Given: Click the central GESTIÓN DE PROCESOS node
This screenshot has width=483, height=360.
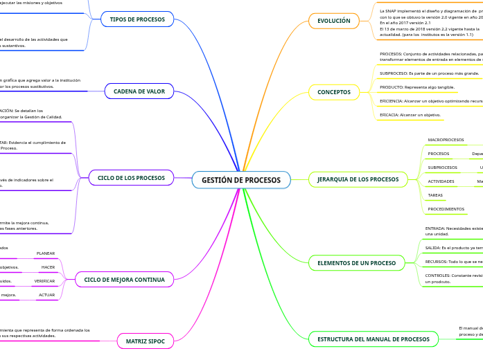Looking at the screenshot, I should coord(241,180).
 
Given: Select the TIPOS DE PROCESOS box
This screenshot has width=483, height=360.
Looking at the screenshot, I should coord(137,19).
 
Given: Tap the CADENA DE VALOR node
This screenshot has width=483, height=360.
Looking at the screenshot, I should coord(139,91).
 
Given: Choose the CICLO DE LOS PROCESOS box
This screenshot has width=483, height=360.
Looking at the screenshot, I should coord(131,178).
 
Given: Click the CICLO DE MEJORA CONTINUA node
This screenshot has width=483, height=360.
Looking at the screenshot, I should coord(124,280).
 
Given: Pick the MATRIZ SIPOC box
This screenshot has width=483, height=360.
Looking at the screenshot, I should coord(145,341).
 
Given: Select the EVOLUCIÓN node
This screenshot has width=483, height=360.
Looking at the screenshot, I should coord(333,21).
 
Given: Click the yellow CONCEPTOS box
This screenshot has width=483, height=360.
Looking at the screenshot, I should coord(333,92).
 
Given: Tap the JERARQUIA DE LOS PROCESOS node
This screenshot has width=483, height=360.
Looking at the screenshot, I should coord(358,179).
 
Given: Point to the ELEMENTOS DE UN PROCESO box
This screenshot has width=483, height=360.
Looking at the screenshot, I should coord(356,263).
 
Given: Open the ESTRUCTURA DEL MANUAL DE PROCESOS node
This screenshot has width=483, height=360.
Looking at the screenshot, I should coord(373,339).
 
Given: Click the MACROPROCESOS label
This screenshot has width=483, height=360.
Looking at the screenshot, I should coord(446,140).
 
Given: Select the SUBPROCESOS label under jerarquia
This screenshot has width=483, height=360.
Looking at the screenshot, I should coord(442,168).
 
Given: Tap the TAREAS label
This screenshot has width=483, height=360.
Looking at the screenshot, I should coord(435,195).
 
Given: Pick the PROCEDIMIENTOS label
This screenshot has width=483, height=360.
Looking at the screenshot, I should coord(446,209).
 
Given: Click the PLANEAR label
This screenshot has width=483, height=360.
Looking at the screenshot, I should coord(46,253).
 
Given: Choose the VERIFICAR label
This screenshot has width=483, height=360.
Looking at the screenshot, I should coord(44,281).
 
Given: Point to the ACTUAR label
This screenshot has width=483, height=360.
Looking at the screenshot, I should coord(46,295).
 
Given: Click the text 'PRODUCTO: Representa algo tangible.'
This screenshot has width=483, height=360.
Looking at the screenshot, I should coord(417,87).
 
